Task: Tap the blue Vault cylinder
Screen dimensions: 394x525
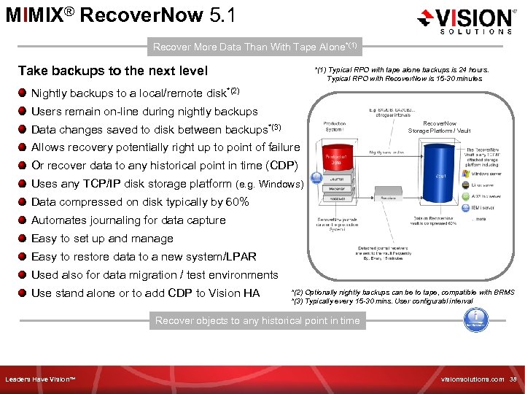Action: pos(437,175)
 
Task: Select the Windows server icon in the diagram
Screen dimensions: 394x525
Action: pos(465,173)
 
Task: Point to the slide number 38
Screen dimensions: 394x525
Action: pos(513,380)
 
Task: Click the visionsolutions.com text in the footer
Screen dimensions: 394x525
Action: pos(472,380)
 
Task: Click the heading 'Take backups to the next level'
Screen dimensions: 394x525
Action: pos(113,71)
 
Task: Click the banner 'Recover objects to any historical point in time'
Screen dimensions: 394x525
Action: pos(257,320)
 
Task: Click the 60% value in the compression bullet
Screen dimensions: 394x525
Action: pos(237,202)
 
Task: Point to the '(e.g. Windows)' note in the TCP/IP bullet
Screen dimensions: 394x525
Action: pos(269,185)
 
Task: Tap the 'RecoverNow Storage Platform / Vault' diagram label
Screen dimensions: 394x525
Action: pos(440,127)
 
